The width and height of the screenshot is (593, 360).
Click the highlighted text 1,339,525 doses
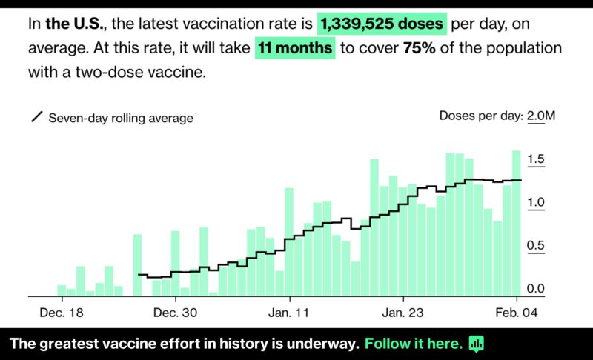pyautogui.click(x=382, y=24)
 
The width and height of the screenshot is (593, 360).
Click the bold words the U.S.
pyautogui.click(x=76, y=24)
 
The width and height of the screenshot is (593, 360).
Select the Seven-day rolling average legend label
pyautogui.click(x=121, y=118)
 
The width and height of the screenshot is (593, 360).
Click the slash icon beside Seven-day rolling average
pyautogui.click(x=36, y=117)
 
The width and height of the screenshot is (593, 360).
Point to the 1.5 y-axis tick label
pyautogui.click(x=536, y=159)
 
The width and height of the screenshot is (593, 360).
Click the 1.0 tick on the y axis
pyautogui.click(x=536, y=202)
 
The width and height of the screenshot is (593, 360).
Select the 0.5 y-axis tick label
pyautogui.click(x=536, y=246)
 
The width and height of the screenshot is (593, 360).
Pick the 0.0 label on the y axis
pyautogui.click(x=536, y=289)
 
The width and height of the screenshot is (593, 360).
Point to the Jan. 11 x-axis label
pyautogui.click(x=290, y=313)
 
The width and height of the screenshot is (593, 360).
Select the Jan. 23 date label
pyautogui.click(x=403, y=313)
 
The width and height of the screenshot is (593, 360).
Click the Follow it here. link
pyautogui.click(x=414, y=344)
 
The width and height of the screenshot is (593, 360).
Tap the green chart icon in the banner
pyautogui.click(x=476, y=344)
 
